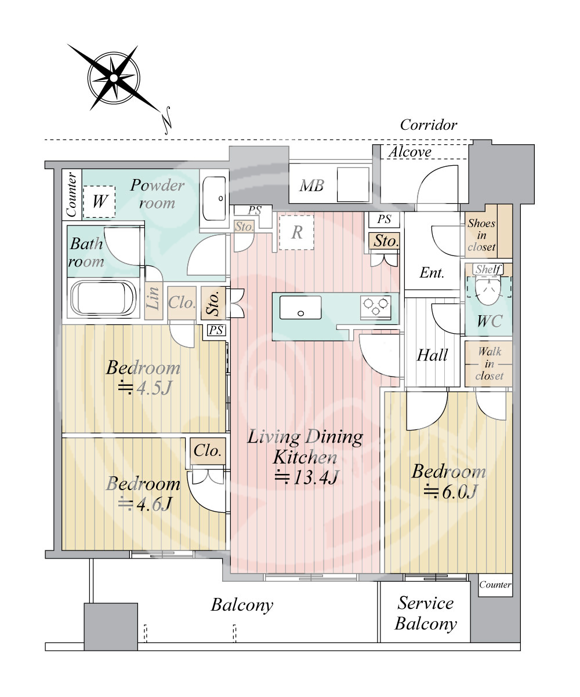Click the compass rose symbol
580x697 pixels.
coord(114,78)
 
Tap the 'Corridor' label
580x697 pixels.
coord(429,125)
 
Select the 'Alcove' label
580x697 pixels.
coord(410,152)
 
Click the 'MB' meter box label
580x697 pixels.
coord(311,185)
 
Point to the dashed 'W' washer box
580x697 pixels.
coord(99,202)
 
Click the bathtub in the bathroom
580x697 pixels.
coord(103,298)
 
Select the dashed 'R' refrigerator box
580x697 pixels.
coord(296,232)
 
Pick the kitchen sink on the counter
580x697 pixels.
coord(300,308)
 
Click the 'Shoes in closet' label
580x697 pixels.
coord(481,235)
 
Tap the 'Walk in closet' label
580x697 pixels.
coord(490,364)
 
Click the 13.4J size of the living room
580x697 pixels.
coord(307,477)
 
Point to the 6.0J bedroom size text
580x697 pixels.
coord(450,492)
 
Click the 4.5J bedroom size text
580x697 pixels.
coord(144,388)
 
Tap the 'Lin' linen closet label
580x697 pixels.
coord(153,298)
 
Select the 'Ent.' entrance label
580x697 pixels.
coord(432,273)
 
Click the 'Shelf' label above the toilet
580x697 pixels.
coord(488,269)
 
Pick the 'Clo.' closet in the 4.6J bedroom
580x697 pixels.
coord(208,451)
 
